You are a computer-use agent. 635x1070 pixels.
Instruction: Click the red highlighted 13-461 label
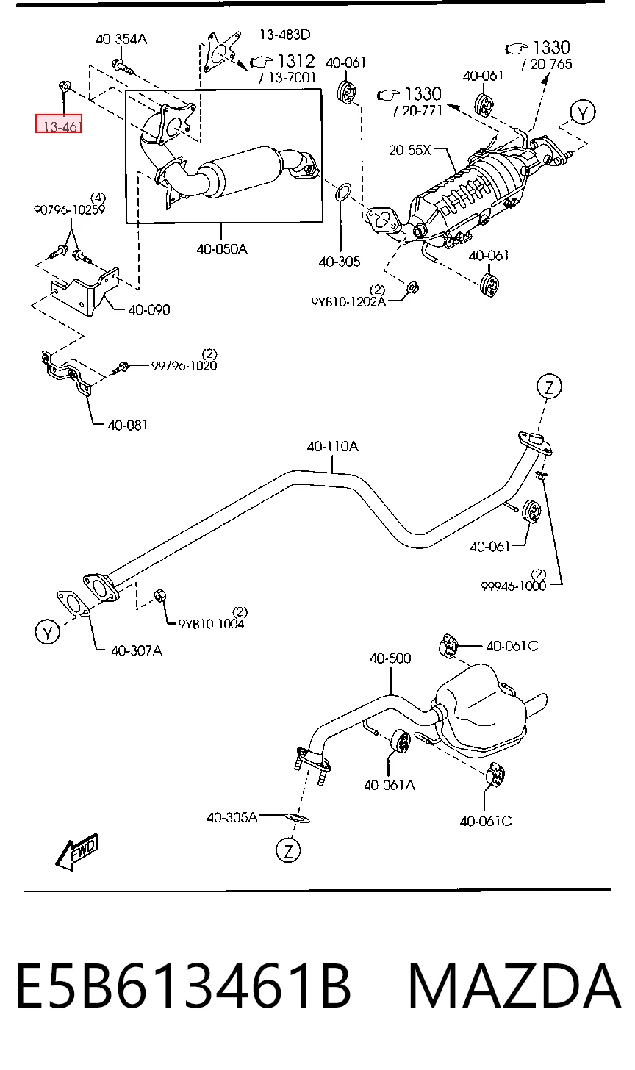59,123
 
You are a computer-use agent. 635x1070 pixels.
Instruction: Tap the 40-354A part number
121,39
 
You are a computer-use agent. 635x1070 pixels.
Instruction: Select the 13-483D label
284,35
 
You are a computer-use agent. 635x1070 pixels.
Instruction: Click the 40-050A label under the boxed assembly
222,249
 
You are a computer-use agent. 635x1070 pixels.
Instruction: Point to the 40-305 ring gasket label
340,262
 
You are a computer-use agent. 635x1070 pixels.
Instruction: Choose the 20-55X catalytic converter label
409,150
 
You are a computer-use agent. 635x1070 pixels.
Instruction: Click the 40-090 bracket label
149,309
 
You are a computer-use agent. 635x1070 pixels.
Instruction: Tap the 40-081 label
128,425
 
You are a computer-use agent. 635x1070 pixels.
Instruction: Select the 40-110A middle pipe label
332,446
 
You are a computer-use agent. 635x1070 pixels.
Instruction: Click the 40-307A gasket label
136,650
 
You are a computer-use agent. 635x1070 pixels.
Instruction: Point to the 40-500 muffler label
390,658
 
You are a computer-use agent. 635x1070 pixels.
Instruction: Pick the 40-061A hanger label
389,786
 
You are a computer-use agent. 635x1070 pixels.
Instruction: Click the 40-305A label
232,817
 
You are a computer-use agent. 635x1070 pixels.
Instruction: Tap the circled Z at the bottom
288,851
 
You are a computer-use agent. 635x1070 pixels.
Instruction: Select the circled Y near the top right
582,112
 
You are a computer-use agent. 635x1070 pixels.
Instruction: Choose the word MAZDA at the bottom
514,986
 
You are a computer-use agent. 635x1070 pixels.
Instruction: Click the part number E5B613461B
184,986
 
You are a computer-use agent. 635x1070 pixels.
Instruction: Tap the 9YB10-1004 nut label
211,624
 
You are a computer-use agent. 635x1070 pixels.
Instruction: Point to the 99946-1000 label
513,586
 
